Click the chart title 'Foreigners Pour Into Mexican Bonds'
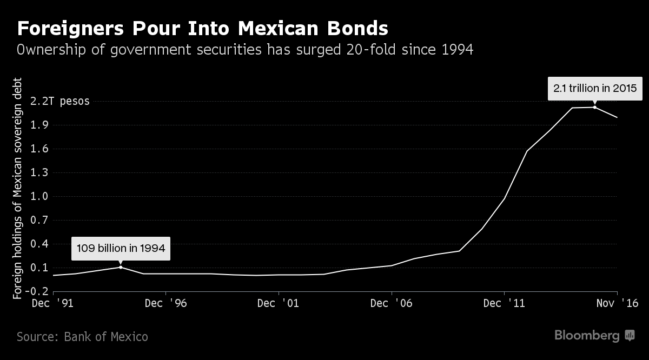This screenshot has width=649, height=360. point(202,28)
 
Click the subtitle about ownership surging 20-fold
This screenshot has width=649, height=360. point(245,50)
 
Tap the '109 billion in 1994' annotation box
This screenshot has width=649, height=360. point(121,249)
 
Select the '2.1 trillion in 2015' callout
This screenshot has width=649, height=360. point(595,88)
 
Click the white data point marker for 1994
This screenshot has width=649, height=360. point(120,267)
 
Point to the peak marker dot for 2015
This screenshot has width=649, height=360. point(595,107)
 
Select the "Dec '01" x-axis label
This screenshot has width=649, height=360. point(279,303)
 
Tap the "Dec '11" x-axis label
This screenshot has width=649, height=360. point(504,303)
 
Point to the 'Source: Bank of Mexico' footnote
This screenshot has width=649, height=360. point(82,337)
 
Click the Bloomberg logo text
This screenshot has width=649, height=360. point(587,336)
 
